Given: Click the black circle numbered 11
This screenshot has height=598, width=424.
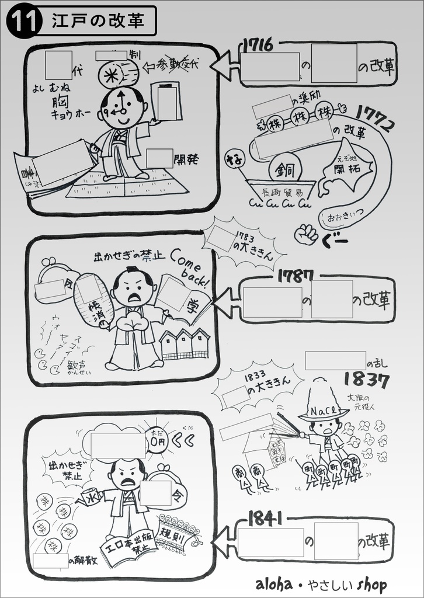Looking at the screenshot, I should [24, 22].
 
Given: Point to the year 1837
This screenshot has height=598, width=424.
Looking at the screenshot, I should [366, 380].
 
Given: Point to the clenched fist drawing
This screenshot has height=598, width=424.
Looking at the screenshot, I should [307, 234].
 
